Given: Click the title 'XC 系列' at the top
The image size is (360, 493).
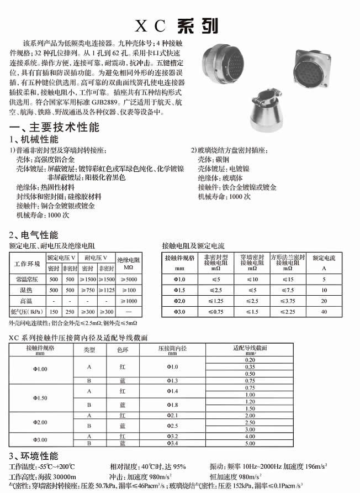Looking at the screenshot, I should coord(176,26).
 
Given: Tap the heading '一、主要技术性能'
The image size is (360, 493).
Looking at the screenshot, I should coord(55,127).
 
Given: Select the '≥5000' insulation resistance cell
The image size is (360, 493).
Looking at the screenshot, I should coord(128,279).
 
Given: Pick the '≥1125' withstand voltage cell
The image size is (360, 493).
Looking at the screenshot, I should coord(106,290).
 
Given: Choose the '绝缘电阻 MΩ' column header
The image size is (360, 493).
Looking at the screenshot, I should coord(128,262).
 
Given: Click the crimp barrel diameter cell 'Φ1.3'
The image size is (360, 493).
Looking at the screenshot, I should coord(173,381).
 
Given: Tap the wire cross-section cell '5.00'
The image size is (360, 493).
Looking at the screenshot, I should coord(250,443).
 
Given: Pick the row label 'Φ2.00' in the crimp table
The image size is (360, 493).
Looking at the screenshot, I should coord(40,422).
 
